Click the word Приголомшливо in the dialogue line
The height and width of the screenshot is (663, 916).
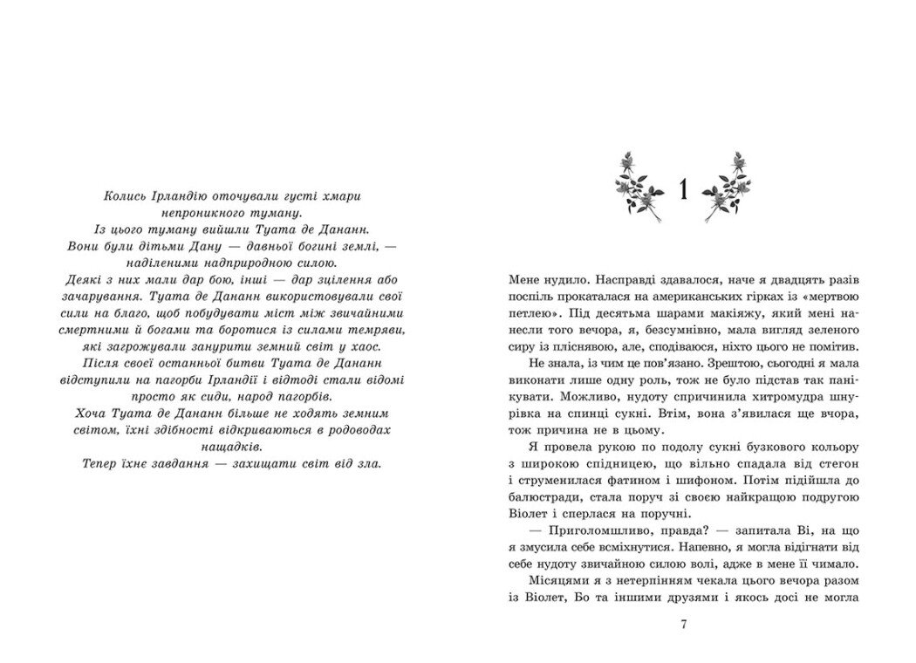589,545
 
